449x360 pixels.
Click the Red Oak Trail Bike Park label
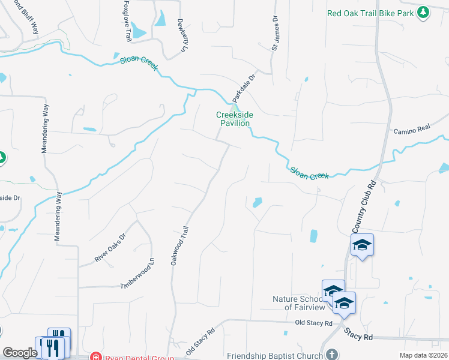(371, 13)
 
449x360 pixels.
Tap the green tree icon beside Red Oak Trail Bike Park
(423, 12)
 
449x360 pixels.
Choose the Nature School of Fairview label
(298, 303)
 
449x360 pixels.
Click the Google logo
(19, 353)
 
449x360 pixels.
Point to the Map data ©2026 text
(423, 355)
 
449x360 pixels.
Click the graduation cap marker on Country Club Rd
(362, 245)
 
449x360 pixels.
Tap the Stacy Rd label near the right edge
(358, 336)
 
